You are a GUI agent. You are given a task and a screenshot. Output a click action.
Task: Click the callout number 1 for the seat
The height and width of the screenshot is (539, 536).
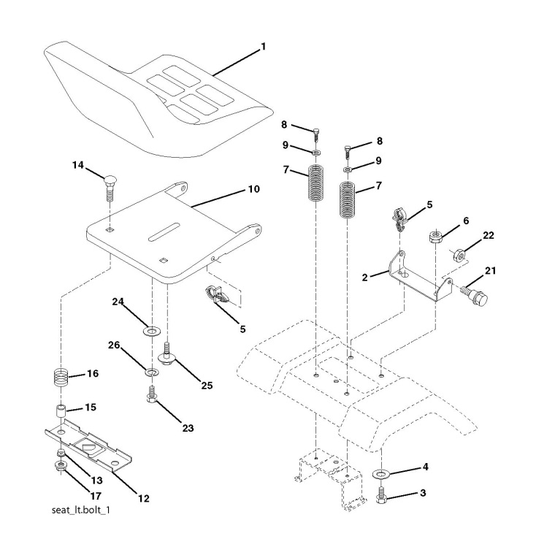point(264,47)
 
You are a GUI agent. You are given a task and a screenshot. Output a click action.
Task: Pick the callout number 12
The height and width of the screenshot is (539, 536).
point(142,499)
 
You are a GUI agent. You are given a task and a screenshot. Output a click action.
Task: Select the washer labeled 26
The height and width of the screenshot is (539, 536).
point(152,374)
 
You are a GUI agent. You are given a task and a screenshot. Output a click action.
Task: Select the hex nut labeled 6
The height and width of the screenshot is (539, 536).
point(434,236)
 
